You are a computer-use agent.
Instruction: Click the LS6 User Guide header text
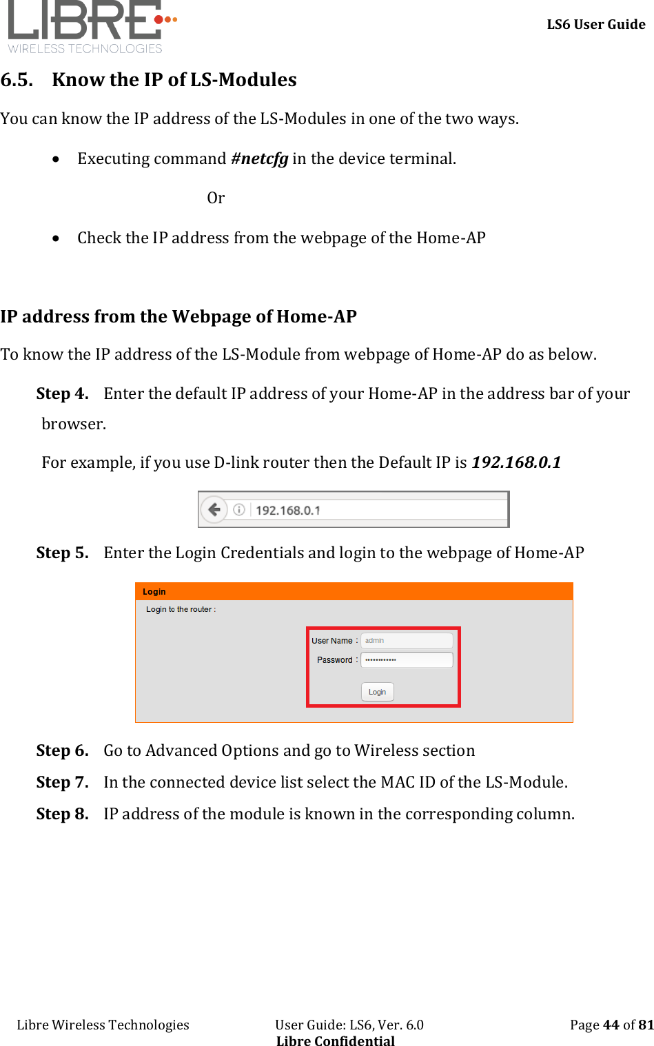tap(595, 25)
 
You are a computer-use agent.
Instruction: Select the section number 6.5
tap(17, 80)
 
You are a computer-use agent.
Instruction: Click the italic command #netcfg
tap(259, 159)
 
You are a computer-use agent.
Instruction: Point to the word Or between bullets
tap(216, 198)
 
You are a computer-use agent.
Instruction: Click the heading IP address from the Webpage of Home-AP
tap(178, 317)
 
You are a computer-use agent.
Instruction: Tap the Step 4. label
tap(62, 394)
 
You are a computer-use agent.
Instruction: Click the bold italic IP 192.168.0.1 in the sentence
tap(515, 462)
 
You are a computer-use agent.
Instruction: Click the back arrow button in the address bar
tap(214, 510)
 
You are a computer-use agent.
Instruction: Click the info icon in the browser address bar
tap(239, 510)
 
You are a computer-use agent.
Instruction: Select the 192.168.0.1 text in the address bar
tap(288, 511)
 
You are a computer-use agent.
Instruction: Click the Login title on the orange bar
tap(154, 592)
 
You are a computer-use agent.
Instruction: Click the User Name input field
tap(407, 641)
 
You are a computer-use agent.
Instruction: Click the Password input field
tap(407, 660)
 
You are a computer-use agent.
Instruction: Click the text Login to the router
tap(181, 610)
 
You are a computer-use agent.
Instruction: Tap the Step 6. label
tap(62, 751)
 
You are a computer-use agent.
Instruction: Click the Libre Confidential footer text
tap(336, 1041)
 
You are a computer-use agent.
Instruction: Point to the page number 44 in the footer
tap(611, 1025)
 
